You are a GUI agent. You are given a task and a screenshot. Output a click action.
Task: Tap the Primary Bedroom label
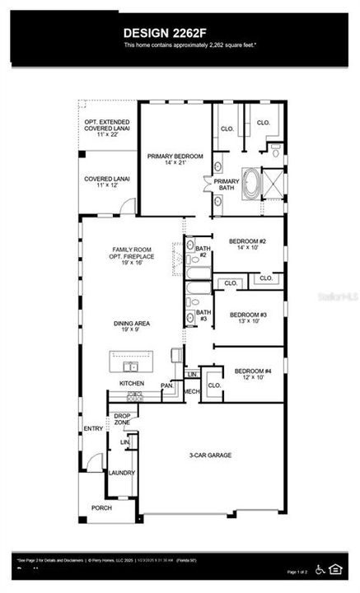coord(171,158)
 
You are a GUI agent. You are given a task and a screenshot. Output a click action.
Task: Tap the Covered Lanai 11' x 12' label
coord(106,182)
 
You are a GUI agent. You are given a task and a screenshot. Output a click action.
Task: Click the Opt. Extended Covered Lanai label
coord(106,130)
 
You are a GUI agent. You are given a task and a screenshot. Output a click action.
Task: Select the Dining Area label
coord(130,327)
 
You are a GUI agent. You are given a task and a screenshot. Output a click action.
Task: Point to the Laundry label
coord(121,473)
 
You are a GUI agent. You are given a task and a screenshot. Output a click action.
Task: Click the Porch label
coord(101,507)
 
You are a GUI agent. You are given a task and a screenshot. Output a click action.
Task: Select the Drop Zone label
coord(122,418)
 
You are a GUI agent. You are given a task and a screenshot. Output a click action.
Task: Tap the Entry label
coord(93,428)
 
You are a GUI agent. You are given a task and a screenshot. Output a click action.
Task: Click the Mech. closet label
coord(192,391)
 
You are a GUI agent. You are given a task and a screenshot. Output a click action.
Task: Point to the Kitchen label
coord(132,384)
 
